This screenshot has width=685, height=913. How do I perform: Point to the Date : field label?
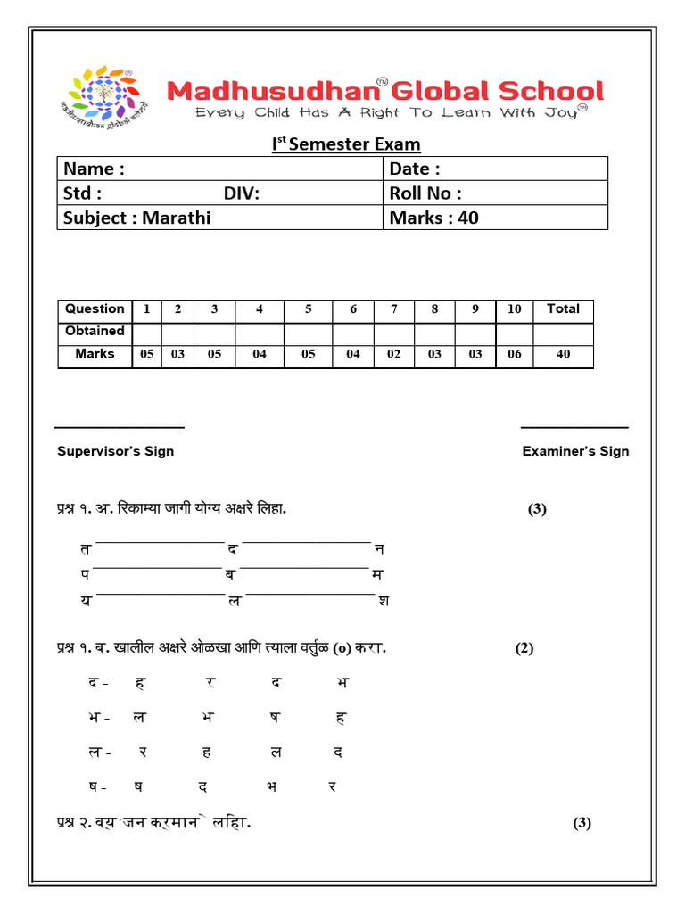coord(415,169)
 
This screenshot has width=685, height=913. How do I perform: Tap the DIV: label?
coord(242,193)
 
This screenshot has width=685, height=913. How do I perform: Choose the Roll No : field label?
coord(425,193)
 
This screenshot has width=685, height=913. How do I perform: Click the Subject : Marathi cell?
coord(137,218)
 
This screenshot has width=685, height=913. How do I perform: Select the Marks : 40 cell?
coord(433,218)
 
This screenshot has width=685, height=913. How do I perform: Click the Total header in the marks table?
coord(563,309)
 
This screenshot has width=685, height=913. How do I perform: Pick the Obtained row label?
coord(95,331)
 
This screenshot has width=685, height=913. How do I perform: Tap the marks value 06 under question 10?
coord(515,354)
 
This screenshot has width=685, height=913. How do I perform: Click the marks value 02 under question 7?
coord(394,354)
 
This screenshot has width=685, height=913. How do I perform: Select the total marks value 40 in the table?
coord(563,354)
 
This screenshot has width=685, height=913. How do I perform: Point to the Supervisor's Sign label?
coord(116,451)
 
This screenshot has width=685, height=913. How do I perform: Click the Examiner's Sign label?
coord(575,451)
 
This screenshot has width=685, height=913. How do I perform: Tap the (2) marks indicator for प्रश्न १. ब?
coord(524,648)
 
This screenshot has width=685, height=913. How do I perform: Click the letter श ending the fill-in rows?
coord(384,601)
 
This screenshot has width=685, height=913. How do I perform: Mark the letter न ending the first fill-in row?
coord(379,549)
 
